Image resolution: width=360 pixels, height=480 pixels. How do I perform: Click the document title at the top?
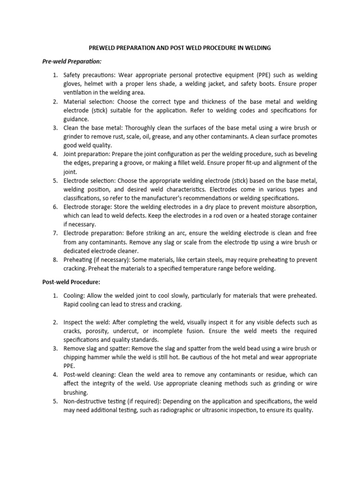[180, 48]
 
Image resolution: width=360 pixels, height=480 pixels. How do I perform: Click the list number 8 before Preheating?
[54, 260]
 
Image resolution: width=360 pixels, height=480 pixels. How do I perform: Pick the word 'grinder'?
[75, 136]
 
